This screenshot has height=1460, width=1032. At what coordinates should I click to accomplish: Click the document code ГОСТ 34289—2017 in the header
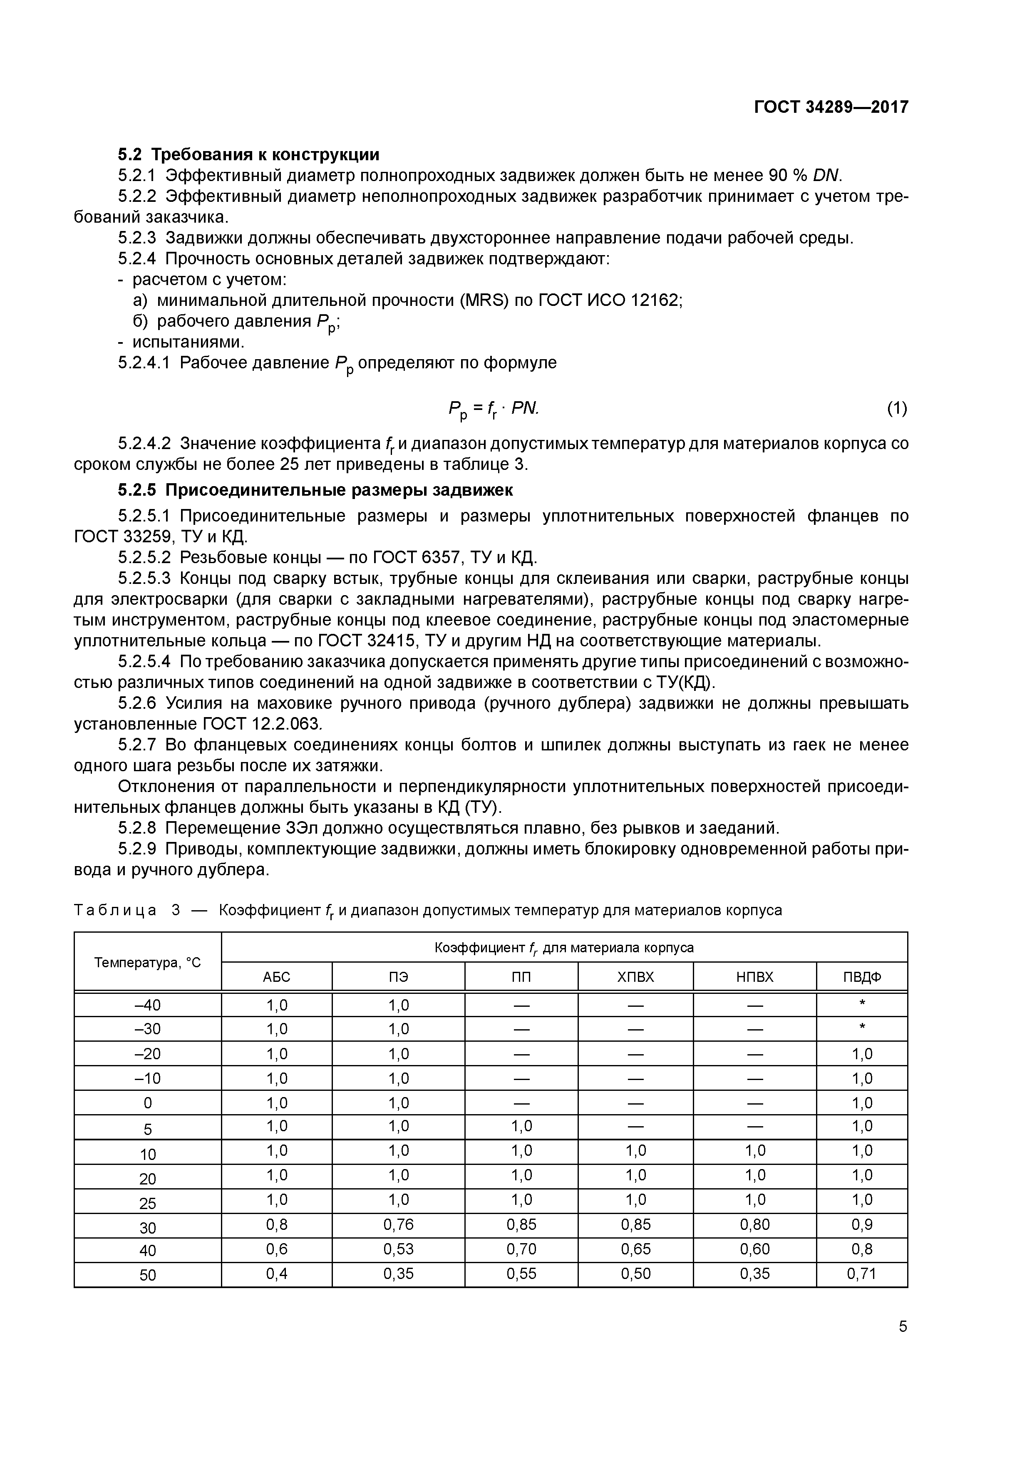point(831,107)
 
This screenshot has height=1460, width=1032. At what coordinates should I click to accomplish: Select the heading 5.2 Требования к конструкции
point(248,154)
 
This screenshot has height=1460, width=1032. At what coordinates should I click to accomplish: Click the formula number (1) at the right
point(897,408)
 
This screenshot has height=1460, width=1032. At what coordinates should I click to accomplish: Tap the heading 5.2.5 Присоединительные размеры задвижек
point(315,490)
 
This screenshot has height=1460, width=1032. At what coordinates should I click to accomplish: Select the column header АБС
point(277,977)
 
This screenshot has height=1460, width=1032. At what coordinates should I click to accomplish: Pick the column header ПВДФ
point(861,977)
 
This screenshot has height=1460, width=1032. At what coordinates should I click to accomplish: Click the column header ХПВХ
point(635,977)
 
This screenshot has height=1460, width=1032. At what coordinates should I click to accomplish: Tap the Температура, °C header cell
point(148,963)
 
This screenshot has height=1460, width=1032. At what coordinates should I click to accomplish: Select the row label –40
point(148,1006)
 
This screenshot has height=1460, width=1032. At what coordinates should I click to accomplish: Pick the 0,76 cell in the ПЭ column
point(398,1225)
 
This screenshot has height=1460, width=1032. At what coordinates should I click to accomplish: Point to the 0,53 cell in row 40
point(398,1249)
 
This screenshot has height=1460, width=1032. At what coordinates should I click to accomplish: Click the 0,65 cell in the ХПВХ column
point(635,1249)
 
